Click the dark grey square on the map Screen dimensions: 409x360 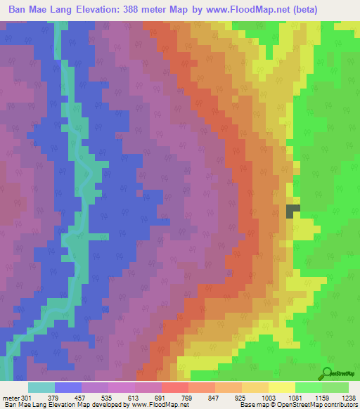click(292, 210)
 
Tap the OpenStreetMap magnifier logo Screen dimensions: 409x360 click(327, 372)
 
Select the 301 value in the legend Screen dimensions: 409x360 click(27, 397)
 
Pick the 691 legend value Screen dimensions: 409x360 click(161, 397)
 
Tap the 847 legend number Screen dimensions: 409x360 click(214, 397)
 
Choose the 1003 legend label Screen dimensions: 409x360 click(269, 397)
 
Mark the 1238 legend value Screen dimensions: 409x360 click(349, 397)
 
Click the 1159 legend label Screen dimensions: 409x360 click(322, 397)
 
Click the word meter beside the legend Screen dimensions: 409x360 click(11, 397)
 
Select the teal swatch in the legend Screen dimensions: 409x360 click(41, 387)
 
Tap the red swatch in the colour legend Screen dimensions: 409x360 click(174, 387)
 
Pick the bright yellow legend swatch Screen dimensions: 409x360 click(281, 387)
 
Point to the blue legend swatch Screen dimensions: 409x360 click(67, 387)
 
